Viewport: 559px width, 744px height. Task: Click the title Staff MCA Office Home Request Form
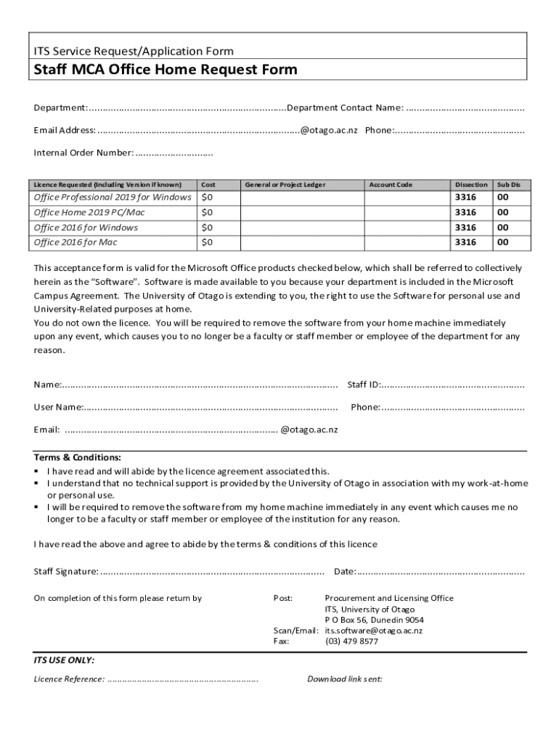(x=166, y=70)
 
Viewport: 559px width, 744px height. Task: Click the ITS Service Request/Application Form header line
(x=134, y=51)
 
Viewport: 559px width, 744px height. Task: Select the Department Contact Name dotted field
(x=465, y=108)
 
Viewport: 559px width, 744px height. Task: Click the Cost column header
(x=208, y=185)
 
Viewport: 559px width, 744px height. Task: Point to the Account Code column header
(x=391, y=185)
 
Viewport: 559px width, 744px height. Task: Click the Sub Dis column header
(x=508, y=185)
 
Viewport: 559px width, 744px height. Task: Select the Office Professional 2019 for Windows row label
(x=113, y=198)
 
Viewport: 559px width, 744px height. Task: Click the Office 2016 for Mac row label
(x=76, y=243)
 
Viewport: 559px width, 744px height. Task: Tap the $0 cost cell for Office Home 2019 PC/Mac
(x=208, y=213)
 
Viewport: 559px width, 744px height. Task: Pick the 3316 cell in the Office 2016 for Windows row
(x=465, y=227)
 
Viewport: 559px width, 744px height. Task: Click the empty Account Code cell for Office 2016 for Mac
(x=407, y=243)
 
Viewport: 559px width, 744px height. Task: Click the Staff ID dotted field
(x=453, y=384)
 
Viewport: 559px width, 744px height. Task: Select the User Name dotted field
(x=211, y=407)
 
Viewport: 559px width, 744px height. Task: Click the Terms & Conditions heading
(x=78, y=458)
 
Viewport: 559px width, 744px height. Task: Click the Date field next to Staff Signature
(x=441, y=572)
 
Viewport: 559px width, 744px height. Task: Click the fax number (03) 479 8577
(x=351, y=642)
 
